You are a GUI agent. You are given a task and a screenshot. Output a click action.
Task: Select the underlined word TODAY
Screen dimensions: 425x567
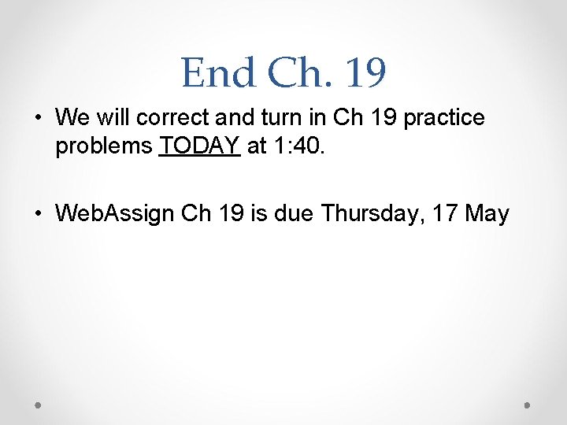[199, 146]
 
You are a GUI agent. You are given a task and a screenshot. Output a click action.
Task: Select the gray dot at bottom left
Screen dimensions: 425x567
[39, 405]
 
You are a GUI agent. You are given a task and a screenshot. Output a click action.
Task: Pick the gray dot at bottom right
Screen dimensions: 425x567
[528, 405]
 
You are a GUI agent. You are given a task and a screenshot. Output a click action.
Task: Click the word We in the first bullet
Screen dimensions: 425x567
[71, 118]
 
